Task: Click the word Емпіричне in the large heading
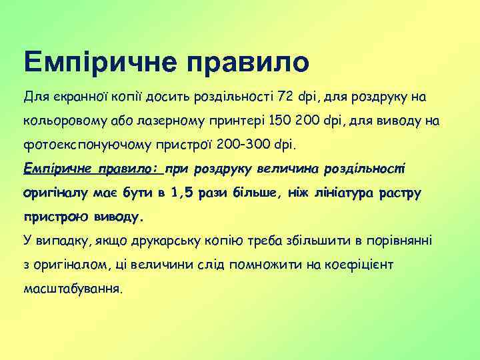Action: click(99, 62)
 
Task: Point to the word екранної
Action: click(79, 97)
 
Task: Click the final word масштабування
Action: click(73, 289)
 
